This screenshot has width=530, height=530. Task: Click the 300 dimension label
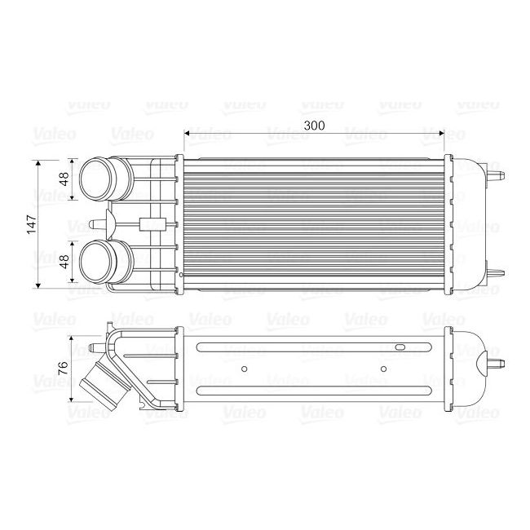[x=313, y=126]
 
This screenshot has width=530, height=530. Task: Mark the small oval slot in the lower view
[x=400, y=349]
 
